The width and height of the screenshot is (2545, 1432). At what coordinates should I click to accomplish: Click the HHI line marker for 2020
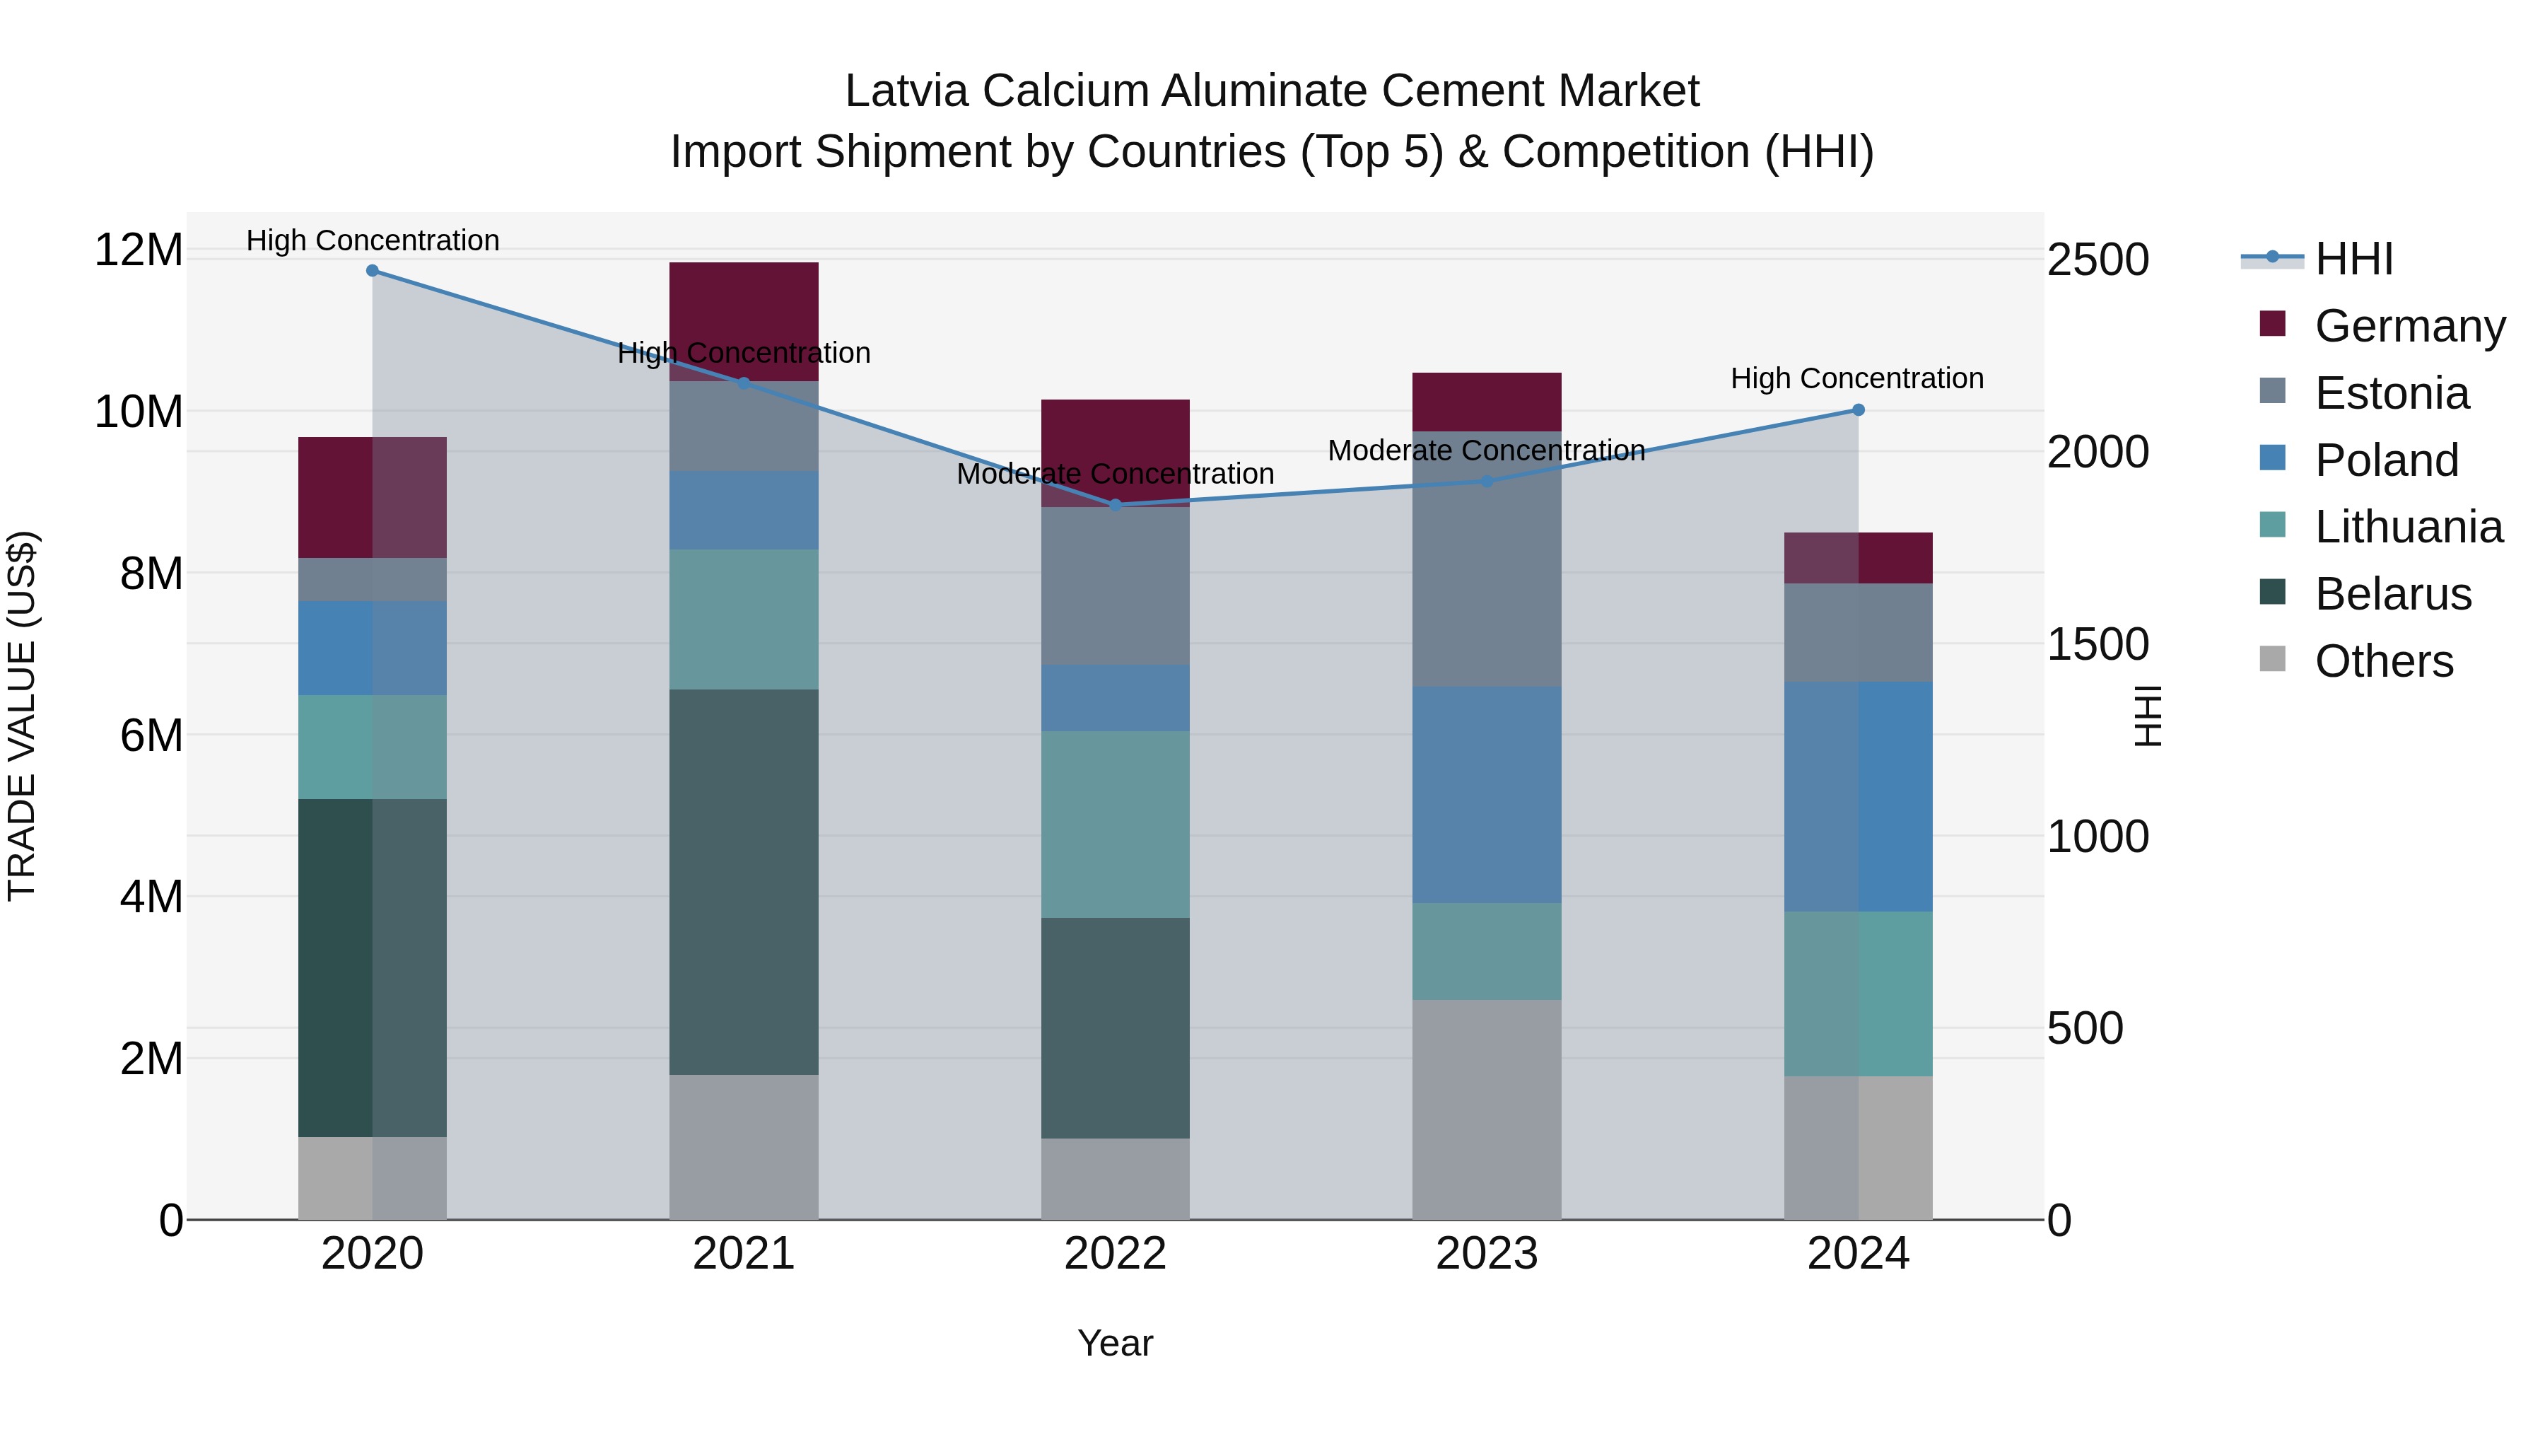(x=373, y=271)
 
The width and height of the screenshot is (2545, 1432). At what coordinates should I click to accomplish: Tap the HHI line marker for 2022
(x=1116, y=505)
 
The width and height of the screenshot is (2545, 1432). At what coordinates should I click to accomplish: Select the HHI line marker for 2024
(x=1859, y=410)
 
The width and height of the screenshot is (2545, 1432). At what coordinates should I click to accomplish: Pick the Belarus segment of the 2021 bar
(x=744, y=882)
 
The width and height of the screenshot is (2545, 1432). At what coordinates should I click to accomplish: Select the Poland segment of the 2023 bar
(x=1487, y=795)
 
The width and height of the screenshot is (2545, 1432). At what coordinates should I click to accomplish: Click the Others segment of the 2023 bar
(x=1487, y=1109)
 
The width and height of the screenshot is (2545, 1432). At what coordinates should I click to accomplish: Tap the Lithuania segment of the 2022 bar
(x=1116, y=825)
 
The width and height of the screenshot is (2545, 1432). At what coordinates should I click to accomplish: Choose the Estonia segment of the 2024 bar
(x=1859, y=632)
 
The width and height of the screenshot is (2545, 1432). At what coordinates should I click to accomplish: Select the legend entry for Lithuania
(x=2408, y=527)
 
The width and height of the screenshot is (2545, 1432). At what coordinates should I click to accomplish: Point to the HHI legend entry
(x=2353, y=259)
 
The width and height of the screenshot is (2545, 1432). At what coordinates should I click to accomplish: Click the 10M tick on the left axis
(x=139, y=411)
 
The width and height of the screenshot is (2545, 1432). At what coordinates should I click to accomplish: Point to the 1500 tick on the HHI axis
(x=2098, y=644)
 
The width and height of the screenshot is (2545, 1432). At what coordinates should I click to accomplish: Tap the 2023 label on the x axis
(x=1487, y=1254)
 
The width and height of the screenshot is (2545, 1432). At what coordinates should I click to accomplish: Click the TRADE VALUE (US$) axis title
(x=22, y=716)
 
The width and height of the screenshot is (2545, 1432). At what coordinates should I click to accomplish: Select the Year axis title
(x=1116, y=1343)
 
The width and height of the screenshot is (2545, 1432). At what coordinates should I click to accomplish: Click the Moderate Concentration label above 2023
(x=1487, y=450)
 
